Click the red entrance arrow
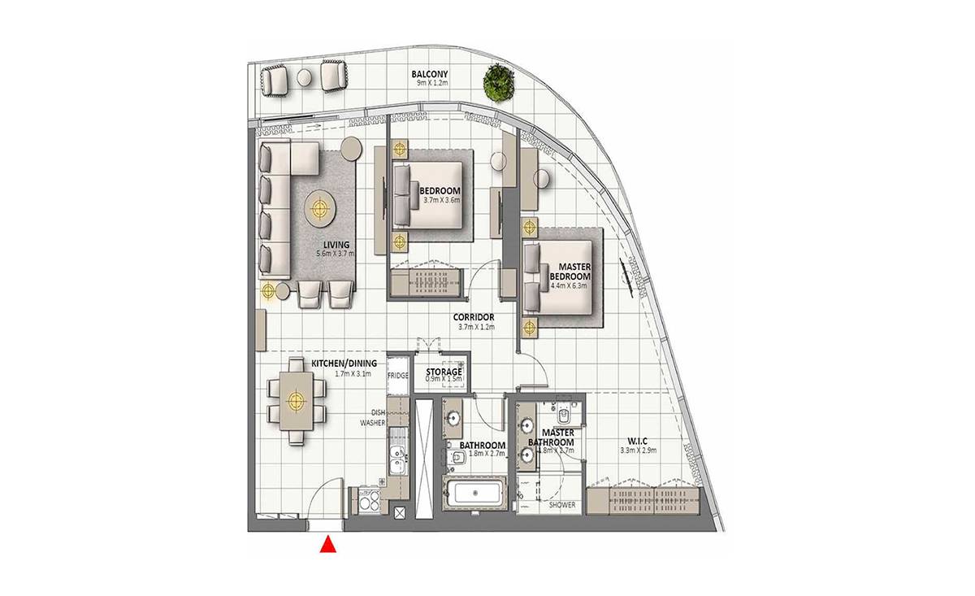coord(327,546)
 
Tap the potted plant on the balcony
coord(499,82)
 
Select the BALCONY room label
coord(430,74)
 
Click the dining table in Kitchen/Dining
coord(297,400)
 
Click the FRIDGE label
coord(398,375)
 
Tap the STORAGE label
coord(444,372)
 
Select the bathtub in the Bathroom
coord(475,494)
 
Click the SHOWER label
coord(562,505)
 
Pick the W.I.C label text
coord(638,442)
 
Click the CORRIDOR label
coord(474,317)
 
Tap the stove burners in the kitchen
coord(370,501)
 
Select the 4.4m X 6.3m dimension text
coord(569,285)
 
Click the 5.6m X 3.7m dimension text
coord(335,253)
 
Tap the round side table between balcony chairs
coord(304,78)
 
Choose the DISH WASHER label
coord(374,417)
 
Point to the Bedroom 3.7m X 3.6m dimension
coord(442,200)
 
